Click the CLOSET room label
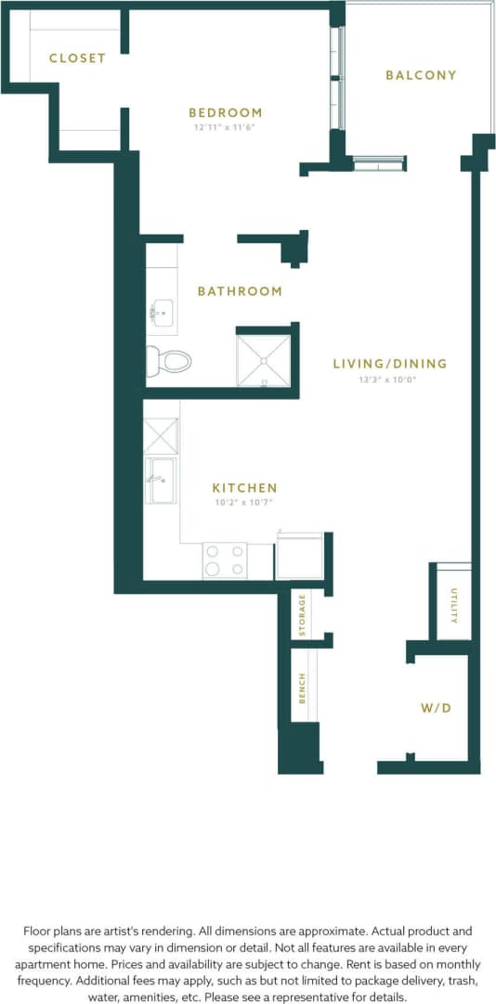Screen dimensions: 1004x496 coord(77,58)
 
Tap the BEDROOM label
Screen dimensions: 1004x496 coord(225,113)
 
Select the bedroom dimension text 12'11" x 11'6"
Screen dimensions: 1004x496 coord(225,127)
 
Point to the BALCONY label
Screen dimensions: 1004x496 coord(421,75)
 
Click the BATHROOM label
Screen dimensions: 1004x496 coord(240,291)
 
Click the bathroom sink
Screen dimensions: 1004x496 coord(163,313)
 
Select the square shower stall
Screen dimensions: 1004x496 coord(264,360)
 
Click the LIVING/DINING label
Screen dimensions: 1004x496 coord(389,364)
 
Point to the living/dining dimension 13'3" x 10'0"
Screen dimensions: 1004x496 coord(389,379)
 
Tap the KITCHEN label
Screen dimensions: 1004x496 coord(244,488)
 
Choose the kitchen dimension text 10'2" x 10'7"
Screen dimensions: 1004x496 coord(244,502)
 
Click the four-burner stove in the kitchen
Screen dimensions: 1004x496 coord(225,560)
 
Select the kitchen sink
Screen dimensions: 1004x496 coord(161,480)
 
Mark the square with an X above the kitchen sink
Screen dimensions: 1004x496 coord(160,435)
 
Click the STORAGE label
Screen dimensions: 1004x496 coord(302,616)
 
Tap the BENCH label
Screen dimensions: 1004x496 coord(302,688)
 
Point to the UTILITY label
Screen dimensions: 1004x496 coord(454,605)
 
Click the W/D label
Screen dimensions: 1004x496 coord(436,708)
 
